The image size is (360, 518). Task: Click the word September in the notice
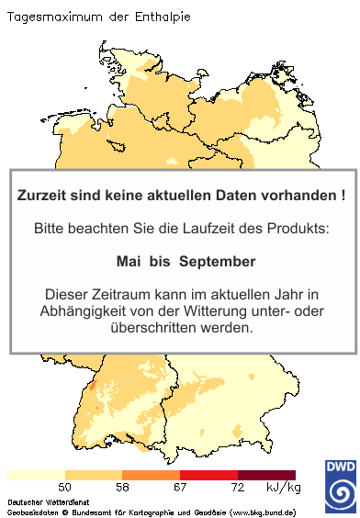point(217,262)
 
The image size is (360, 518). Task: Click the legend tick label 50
point(65,486)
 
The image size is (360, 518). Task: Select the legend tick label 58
point(122,486)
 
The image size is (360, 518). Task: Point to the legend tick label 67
point(181,486)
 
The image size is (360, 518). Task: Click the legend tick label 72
point(238,486)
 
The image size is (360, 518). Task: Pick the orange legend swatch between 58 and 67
point(152,474)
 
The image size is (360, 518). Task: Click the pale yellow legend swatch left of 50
point(36,474)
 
